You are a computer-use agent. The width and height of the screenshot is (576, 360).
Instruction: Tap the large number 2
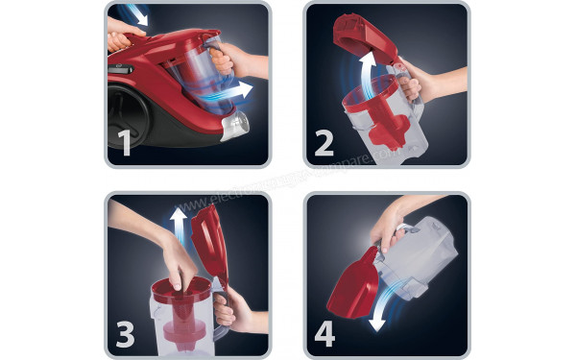coord(324,143)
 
